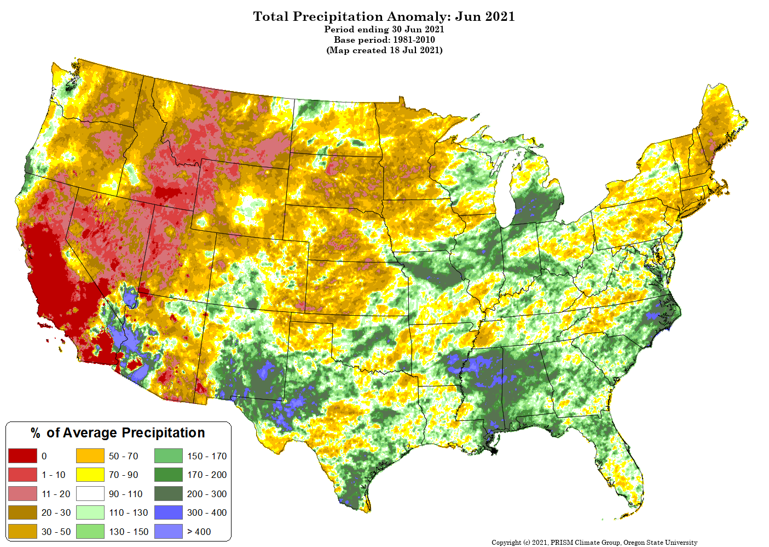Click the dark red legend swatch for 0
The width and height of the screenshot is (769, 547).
22,455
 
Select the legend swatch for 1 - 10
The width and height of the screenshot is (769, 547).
22,475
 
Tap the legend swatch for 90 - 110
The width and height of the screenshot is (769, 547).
90,493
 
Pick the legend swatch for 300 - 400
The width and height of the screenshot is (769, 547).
168,512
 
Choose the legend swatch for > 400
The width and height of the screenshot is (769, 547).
168,531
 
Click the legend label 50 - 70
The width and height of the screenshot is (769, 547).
123,456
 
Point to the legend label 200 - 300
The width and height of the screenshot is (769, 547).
207,494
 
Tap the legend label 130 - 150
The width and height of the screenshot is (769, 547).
129,532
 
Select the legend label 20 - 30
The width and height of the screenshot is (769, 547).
56,512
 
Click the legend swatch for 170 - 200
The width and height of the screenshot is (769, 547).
168,475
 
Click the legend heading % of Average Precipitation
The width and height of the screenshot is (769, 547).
118,432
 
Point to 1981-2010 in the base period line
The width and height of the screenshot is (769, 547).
414,40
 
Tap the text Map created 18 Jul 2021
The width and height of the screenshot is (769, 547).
384,50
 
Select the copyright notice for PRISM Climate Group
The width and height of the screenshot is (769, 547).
594,542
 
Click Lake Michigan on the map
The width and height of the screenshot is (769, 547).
506,192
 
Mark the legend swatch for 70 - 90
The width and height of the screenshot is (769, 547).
90,475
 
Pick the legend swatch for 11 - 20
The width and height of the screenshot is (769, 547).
22,493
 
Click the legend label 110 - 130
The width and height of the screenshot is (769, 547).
129,512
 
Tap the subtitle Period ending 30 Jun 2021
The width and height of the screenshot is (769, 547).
384,29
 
